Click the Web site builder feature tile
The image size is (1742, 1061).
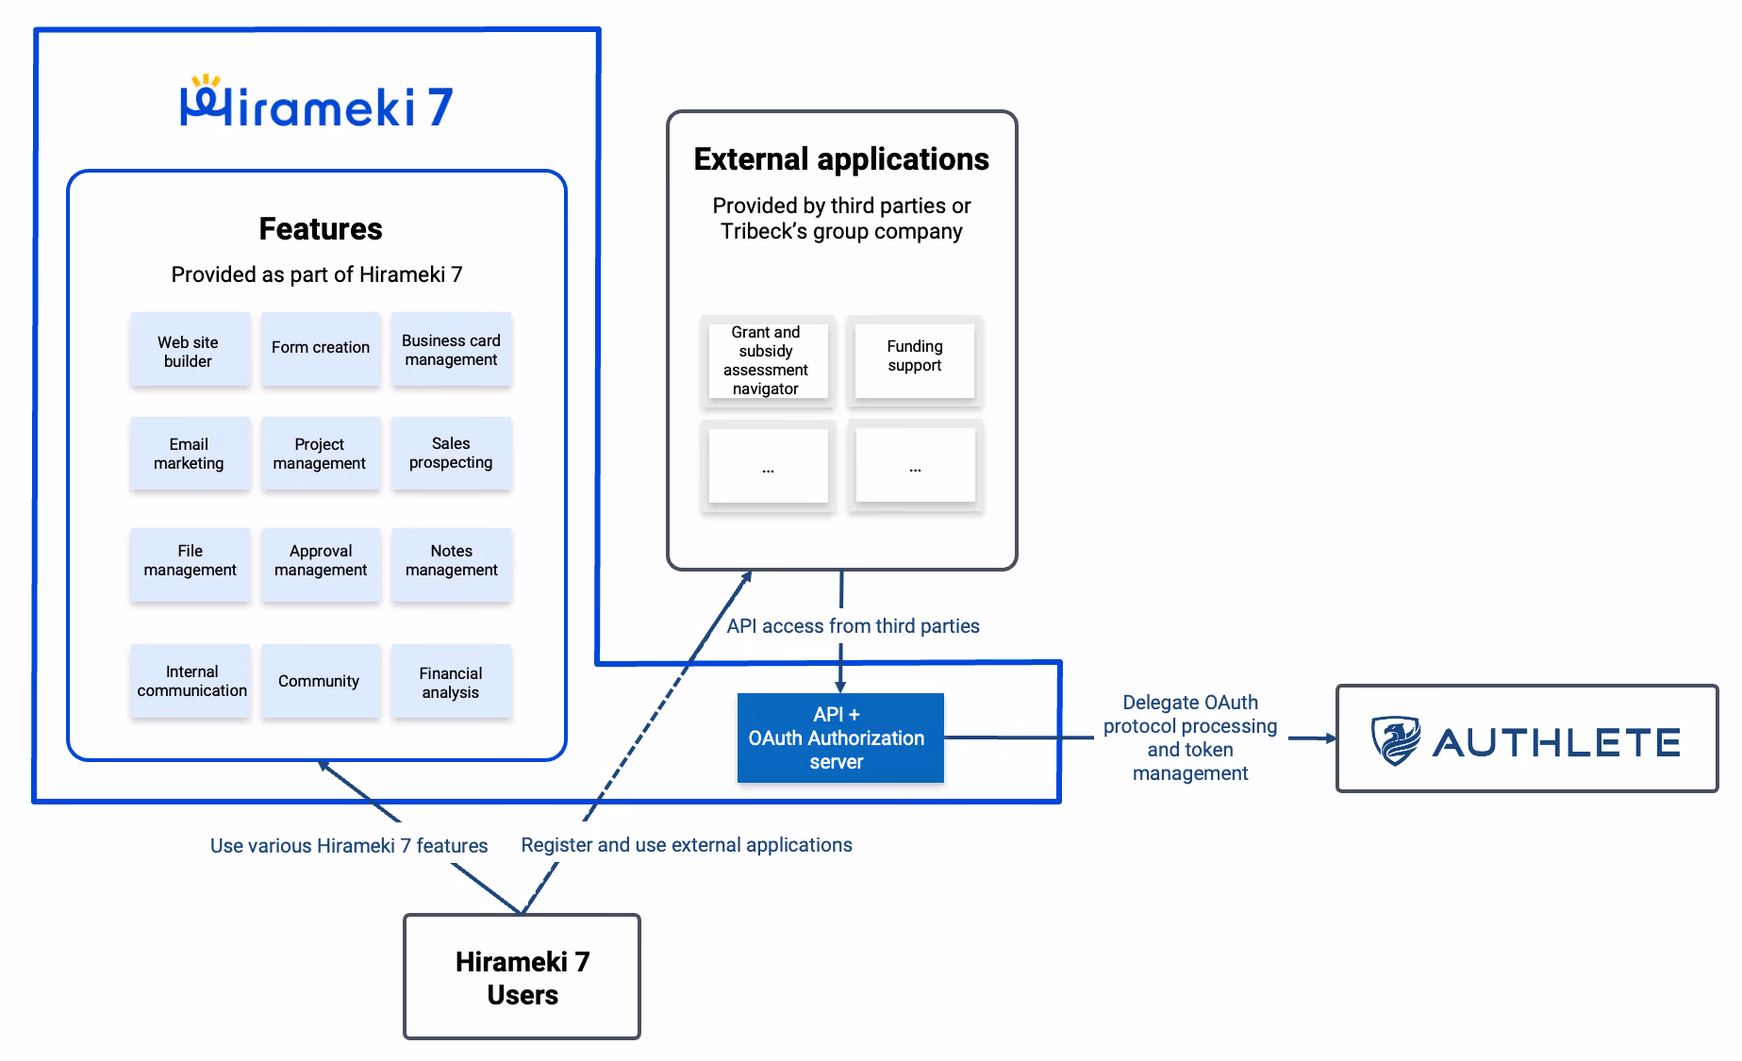click(x=191, y=350)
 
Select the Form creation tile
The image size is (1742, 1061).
click(x=321, y=348)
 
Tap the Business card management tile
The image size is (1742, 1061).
click(x=451, y=349)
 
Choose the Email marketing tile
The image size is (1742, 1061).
click(x=191, y=454)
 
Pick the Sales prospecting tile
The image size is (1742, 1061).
click(x=451, y=454)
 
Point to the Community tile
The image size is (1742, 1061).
click(x=321, y=681)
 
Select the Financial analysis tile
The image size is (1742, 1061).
click(x=451, y=681)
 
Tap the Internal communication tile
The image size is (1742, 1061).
click(x=191, y=681)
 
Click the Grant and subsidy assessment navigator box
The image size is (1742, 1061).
click(x=768, y=361)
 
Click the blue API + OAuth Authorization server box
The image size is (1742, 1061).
click(x=840, y=738)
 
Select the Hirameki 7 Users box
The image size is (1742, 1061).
click(x=522, y=977)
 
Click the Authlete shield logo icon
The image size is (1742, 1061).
click(x=1396, y=740)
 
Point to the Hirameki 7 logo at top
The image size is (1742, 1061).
click(x=317, y=102)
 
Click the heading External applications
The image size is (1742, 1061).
click(x=841, y=159)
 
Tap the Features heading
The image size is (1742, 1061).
click(x=321, y=229)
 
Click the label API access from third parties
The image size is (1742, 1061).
click(x=853, y=626)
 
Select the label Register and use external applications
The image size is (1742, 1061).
click(x=687, y=845)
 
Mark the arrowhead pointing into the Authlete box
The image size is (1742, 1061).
click(x=1331, y=738)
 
